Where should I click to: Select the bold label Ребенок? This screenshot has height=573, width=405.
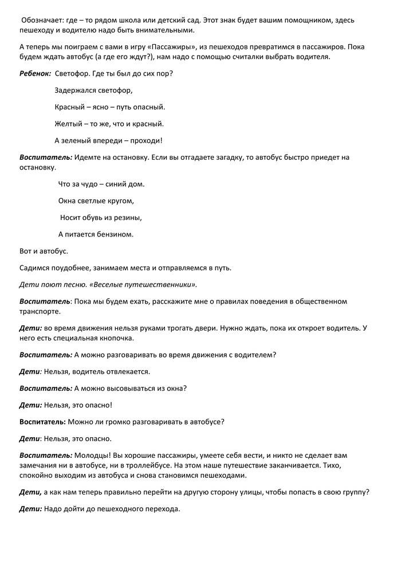[36, 73]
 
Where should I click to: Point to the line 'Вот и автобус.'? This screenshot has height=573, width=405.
[44, 251]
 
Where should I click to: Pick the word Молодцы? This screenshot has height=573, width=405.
[91, 455]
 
